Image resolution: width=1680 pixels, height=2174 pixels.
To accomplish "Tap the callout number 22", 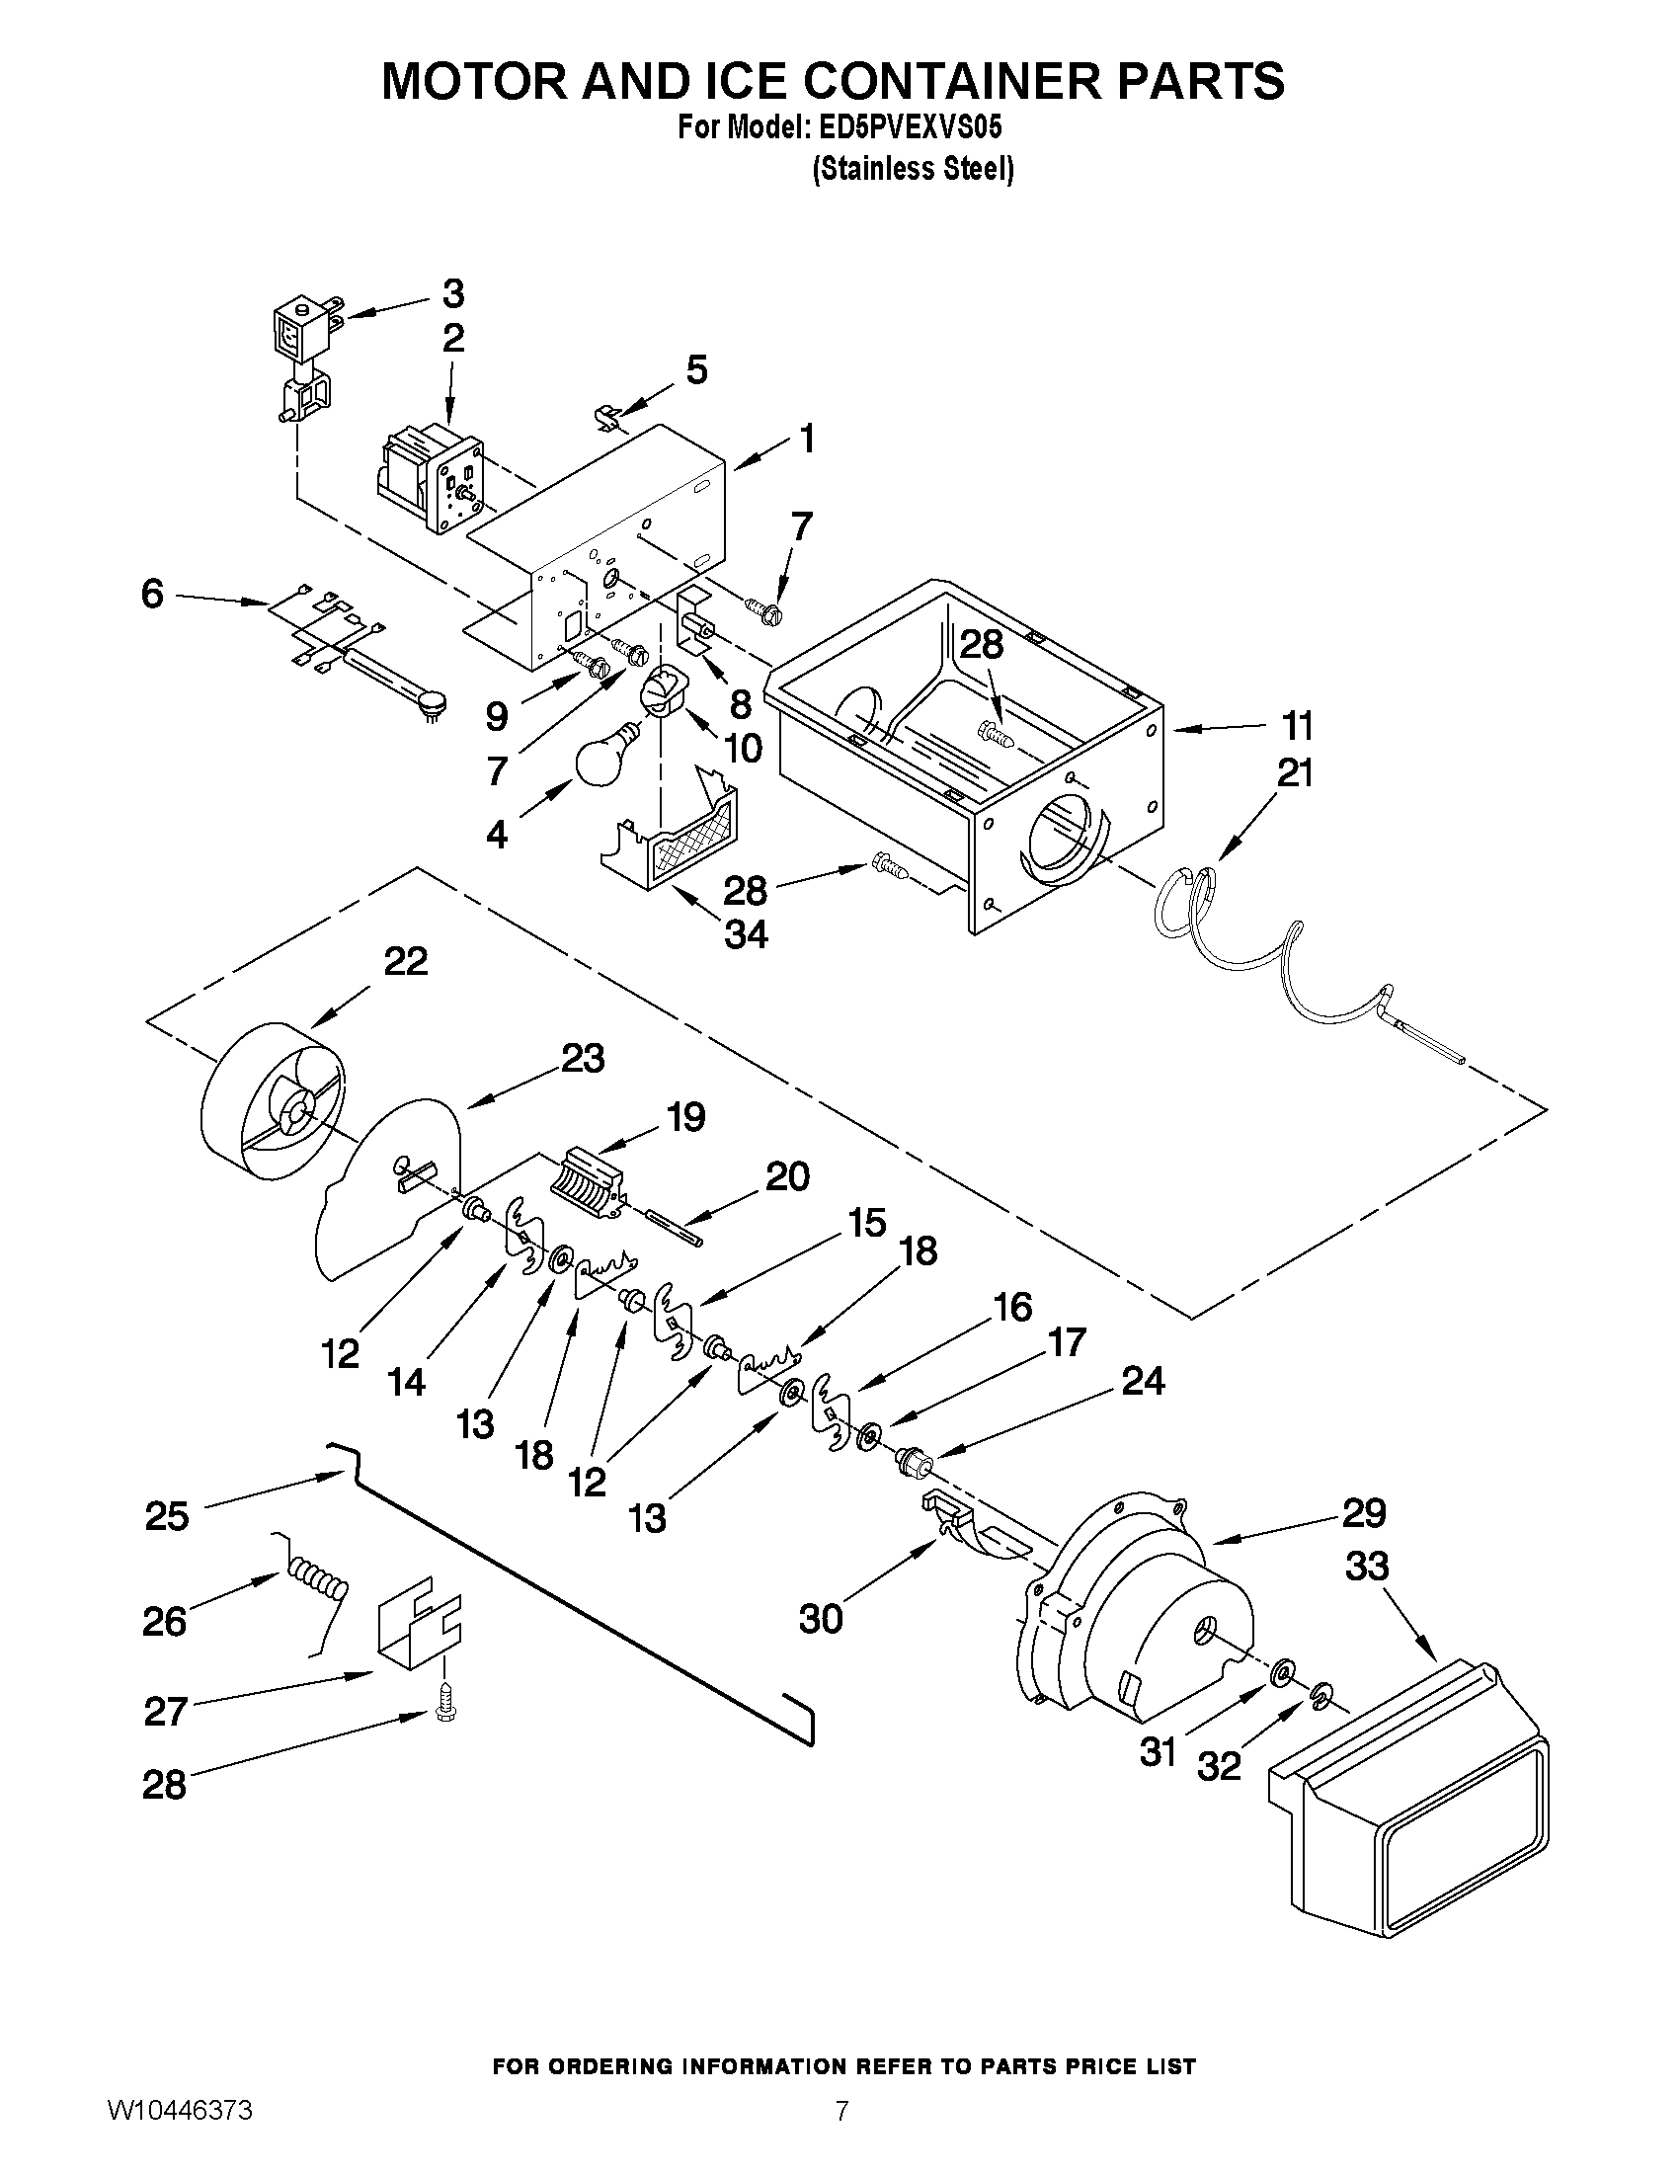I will (406, 962).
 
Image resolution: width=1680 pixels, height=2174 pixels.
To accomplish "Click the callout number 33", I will (1367, 1568).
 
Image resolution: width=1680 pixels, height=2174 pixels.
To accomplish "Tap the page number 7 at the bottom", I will (841, 2108).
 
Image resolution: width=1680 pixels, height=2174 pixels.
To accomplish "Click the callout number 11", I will (1297, 727).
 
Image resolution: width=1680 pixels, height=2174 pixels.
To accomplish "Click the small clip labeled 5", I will (608, 415).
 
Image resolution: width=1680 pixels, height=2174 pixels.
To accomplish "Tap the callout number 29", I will (1364, 1513).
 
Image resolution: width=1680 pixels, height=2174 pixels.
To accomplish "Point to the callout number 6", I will (152, 596).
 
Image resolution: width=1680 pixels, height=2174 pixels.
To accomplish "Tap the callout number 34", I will (746, 933).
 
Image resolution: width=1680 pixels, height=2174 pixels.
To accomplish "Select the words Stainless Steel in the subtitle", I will (913, 168).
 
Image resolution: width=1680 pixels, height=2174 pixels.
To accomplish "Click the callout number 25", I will (166, 1515).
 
